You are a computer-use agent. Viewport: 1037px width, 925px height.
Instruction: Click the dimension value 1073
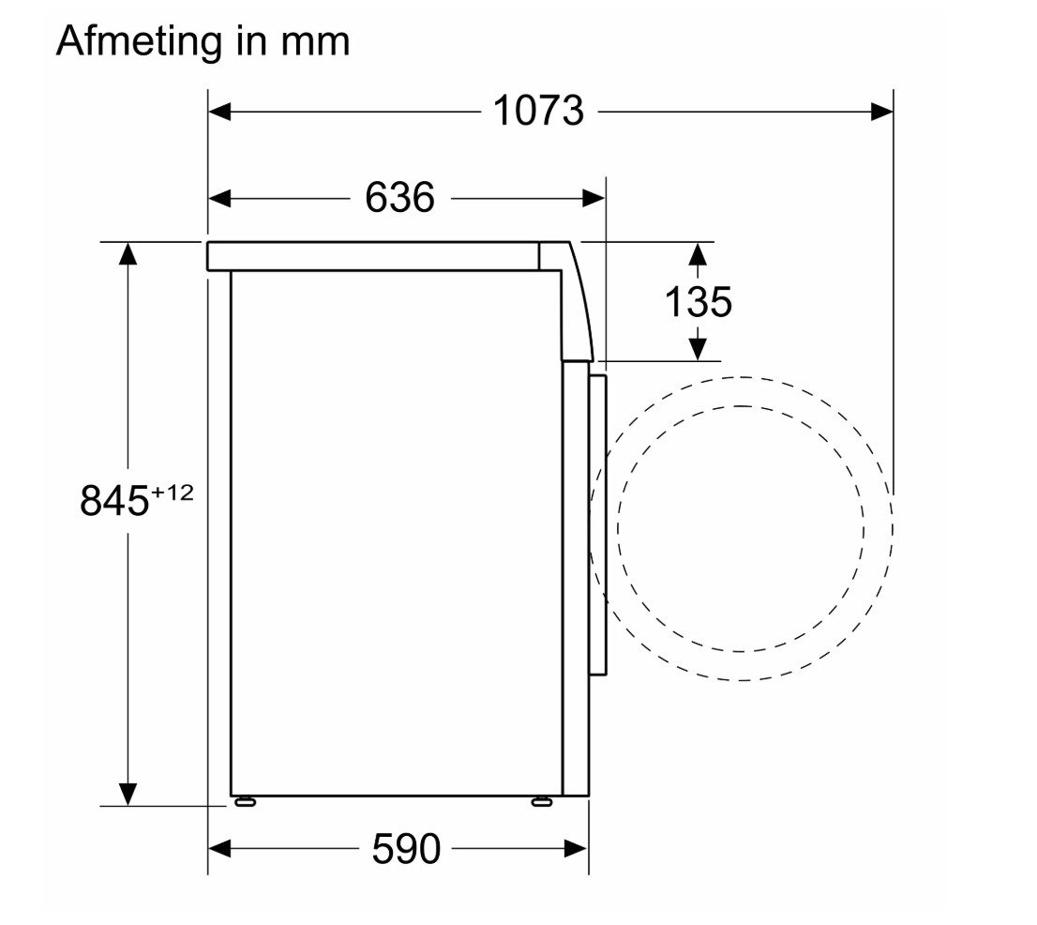pyautogui.click(x=538, y=111)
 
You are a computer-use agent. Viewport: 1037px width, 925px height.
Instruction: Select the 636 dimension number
pyautogui.click(x=400, y=197)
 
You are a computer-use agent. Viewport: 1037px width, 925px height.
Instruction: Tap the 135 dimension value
pyautogui.click(x=698, y=302)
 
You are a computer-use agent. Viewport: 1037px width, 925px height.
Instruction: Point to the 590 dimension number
pyautogui.click(x=405, y=848)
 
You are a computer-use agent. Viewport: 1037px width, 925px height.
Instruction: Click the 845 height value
pyautogui.click(x=113, y=501)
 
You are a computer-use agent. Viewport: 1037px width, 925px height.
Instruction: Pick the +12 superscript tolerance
pyautogui.click(x=173, y=493)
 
